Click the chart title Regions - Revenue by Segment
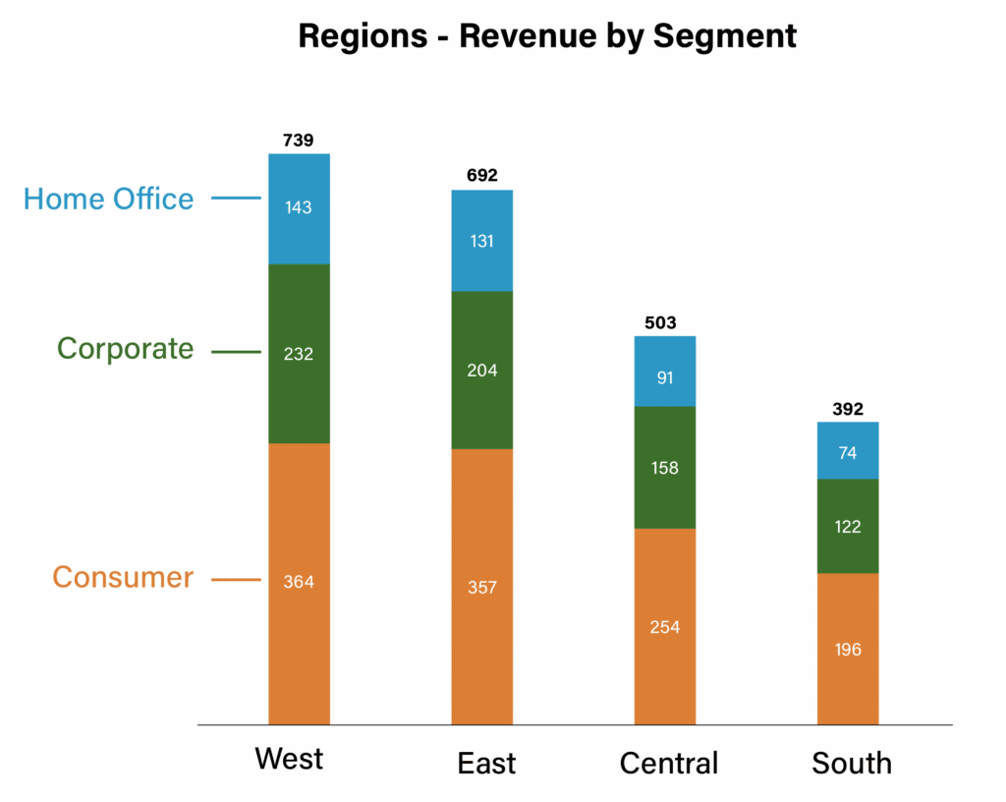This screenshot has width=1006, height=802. [547, 36]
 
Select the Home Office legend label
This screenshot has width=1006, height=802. [108, 200]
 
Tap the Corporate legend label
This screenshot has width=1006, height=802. [125, 349]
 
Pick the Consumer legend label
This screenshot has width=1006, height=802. [122, 577]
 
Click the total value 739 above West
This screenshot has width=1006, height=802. [298, 141]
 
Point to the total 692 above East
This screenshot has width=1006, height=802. [481, 176]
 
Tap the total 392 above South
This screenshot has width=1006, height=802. [847, 409]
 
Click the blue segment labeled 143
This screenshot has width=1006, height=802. [299, 208]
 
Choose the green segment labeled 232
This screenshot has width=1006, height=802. [299, 354]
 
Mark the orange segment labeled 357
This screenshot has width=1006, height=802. [481, 587]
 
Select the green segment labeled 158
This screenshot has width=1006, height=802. [664, 468]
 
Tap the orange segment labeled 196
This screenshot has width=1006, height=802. [848, 649]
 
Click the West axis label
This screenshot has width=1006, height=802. [289, 760]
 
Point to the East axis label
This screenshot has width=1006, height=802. [486, 764]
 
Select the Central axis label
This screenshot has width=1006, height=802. [669, 764]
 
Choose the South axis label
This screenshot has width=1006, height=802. [852, 764]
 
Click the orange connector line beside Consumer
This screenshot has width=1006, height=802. [236, 580]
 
